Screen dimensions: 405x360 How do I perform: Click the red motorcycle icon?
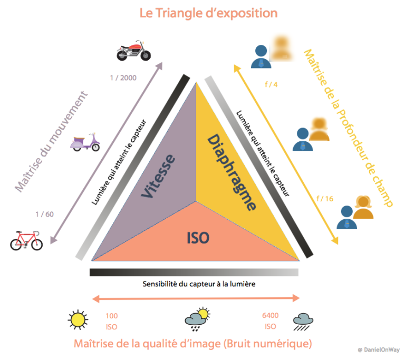[x=133, y=51]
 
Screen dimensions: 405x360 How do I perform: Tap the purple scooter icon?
[x=85, y=142]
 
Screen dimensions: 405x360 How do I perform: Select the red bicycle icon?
[x=26, y=240]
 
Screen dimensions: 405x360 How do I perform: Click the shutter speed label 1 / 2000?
[x=123, y=77]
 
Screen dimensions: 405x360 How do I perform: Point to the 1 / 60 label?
[x=44, y=214]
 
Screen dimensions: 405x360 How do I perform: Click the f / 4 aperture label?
[x=271, y=84]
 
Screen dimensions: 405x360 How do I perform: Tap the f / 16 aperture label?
[x=325, y=199]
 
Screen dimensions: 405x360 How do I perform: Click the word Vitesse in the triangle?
[x=159, y=176]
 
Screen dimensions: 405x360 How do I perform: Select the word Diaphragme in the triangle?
[x=232, y=172]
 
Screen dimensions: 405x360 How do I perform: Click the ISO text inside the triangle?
[x=198, y=238]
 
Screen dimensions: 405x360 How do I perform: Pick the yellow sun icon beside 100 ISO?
[x=78, y=320]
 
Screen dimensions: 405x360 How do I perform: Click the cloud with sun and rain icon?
[x=197, y=319]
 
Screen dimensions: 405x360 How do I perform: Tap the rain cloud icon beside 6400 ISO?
[x=303, y=322]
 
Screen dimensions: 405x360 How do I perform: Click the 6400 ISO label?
[x=270, y=321]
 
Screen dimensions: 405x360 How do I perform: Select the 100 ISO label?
[x=112, y=322]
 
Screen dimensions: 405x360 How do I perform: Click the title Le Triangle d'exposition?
[x=208, y=13]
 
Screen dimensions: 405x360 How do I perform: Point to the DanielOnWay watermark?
[x=379, y=349]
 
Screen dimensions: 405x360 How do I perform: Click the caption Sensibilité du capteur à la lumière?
[x=199, y=284]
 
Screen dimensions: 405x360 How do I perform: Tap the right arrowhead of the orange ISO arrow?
[x=296, y=298]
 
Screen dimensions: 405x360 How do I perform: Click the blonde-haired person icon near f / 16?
[x=363, y=207]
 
